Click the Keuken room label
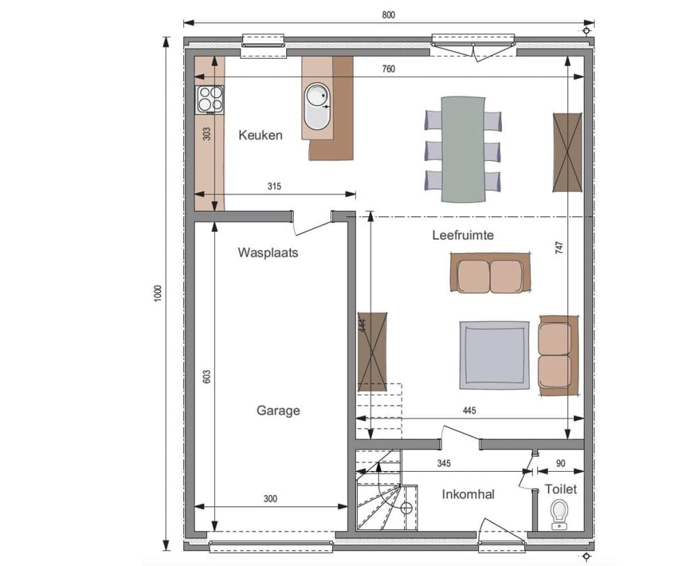pyautogui.click(x=261, y=135)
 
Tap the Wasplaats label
pyautogui.click(x=268, y=253)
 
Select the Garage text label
pyautogui.click(x=278, y=410)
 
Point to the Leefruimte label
pyautogui.click(x=463, y=235)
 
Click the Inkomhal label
pyautogui.click(x=468, y=495)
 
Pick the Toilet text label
pyautogui.click(x=561, y=489)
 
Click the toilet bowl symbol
pyautogui.click(x=559, y=513)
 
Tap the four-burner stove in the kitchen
pyautogui.click(x=210, y=100)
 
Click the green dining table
pyautogui.click(x=463, y=149)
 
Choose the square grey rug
pyautogui.click(x=495, y=355)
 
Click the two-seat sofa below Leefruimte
pyautogui.click(x=490, y=272)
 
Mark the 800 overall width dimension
pyautogui.click(x=389, y=15)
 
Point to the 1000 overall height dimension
pyautogui.click(x=158, y=294)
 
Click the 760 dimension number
pyautogui.click(x=389, y=69)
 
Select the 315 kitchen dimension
pyautogui.click(x=274, y=186)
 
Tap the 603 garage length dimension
pyautogui.click(x=208, y=376)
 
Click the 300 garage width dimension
pyautogui.click(x=271, y=499)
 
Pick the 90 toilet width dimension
pyautogui.click(x=561, y=464)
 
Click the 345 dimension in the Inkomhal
pyautogui.click(x=444, y=464)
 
